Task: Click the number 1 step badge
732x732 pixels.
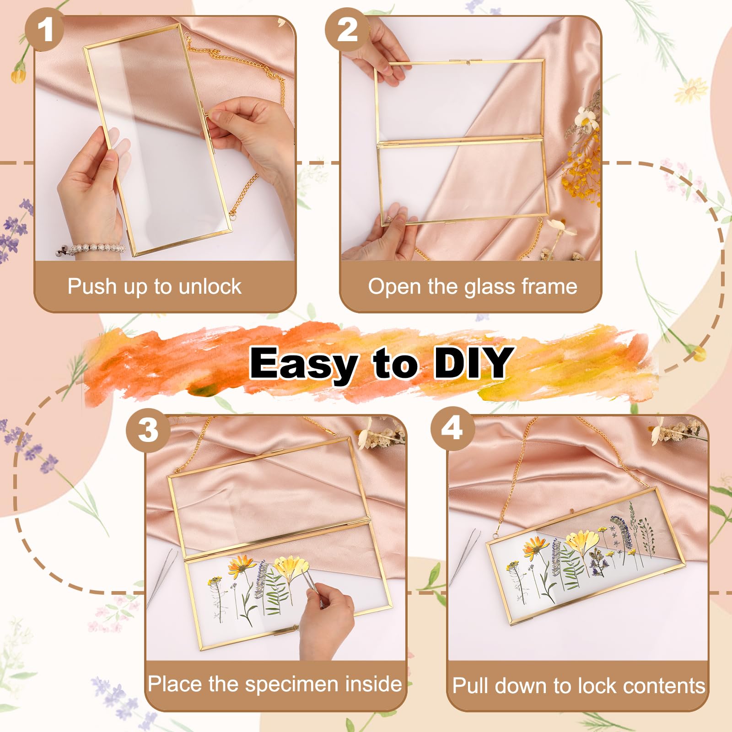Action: click(x=44, y=30)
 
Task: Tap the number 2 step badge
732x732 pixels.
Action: click(x=347, y=30)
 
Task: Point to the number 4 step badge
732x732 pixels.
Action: click(x=452, y=429)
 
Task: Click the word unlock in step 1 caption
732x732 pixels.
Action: click(x=210, y=287)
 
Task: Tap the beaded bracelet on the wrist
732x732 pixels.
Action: click(x=91, y=249)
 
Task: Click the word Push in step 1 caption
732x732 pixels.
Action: click(x=92, y=286)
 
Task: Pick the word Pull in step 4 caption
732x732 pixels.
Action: click(x=471, y=686)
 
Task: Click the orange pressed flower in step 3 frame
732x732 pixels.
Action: click(x=242, y=566)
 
